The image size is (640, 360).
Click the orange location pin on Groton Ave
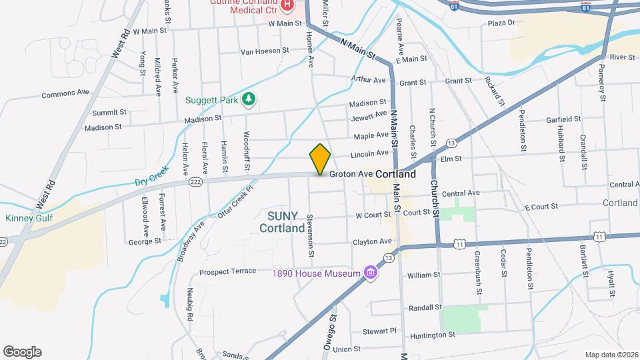click(320, 159)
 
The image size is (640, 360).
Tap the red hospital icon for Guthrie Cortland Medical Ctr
click(287, 6)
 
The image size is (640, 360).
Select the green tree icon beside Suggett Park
click(249, 99)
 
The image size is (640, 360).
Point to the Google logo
click(21, 352)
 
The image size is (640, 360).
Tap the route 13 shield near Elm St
click(451, 143)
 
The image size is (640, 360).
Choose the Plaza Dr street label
click(502, 23)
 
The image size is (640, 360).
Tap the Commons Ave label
click(65, 94)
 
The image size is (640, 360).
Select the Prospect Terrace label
click(228, 271)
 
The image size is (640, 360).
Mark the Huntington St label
click(433, 335)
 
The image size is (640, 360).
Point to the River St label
click(622, 57)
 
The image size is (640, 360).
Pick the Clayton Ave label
click(372, 241)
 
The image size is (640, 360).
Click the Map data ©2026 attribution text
click(611, 355)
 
